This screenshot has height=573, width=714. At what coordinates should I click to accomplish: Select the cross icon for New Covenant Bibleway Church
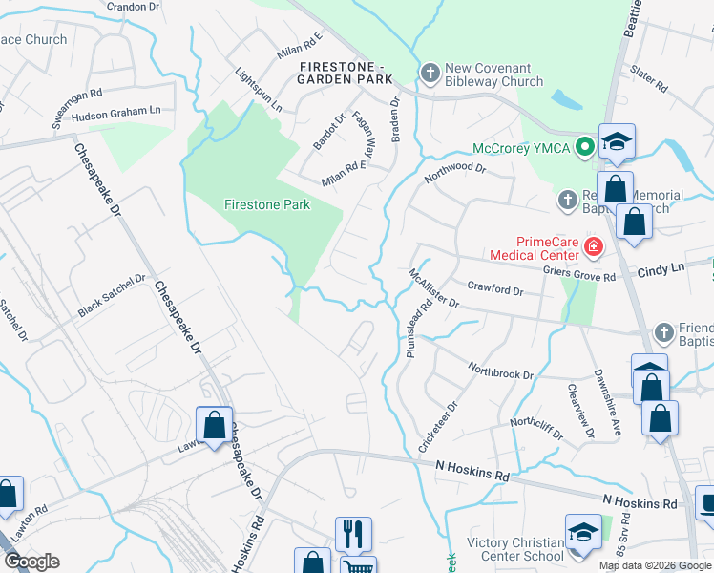(430, 73)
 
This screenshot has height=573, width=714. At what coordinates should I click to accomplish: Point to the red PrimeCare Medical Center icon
(594, 248)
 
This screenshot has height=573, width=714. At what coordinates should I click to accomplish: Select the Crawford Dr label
(495, 290)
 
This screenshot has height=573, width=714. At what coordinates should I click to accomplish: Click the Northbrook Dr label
(500, 370)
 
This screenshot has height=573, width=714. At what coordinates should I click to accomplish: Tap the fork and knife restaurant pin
(352, 533)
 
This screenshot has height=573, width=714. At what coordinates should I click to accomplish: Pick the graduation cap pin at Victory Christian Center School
(583, 532)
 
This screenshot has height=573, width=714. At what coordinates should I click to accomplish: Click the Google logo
(32, 562)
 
